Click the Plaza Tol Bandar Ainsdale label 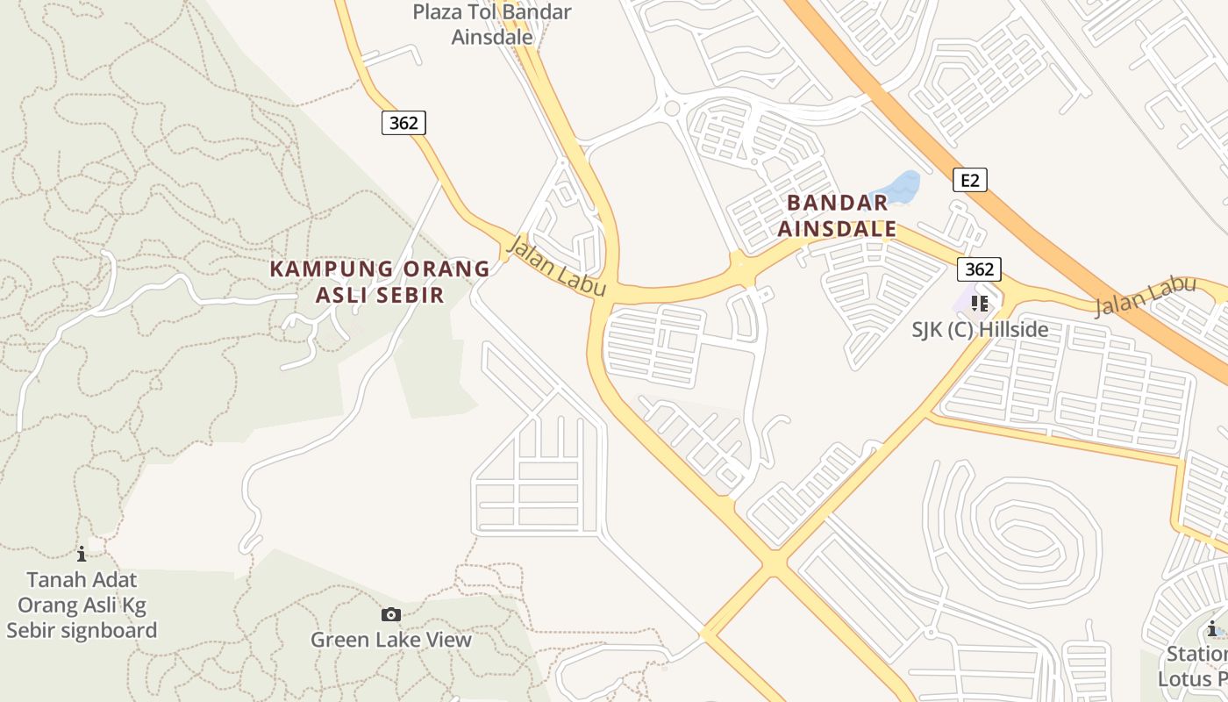[492, 25]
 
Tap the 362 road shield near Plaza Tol [403, 123]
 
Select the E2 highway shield [969, 181]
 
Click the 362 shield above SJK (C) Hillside [979, 269]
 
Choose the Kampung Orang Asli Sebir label [380, 282]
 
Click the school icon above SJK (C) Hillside [980, 304]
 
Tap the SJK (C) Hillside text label [980, 330]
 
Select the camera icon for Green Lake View [391, 615]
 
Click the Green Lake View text [391, 640]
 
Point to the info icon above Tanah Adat [82, 554]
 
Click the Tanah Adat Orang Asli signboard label [82, 605]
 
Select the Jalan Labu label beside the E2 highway [1145, 296]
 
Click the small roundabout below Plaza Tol [673, 108]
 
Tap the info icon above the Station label [1212, 628]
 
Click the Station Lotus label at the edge [1195, 667]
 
